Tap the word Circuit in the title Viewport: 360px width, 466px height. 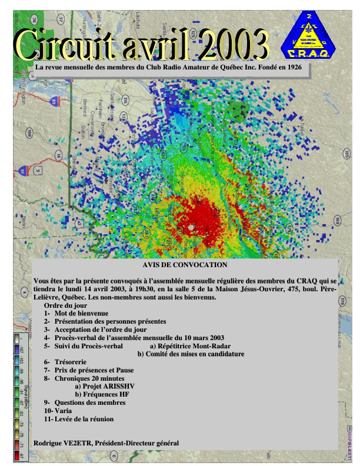coord(65,44)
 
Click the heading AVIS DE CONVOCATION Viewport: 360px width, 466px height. coord(185,265)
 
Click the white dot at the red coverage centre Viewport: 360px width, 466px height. coord(191,227)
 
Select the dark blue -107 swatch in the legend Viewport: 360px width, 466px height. coord(17,350)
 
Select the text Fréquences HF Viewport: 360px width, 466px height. coord(102,394)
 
